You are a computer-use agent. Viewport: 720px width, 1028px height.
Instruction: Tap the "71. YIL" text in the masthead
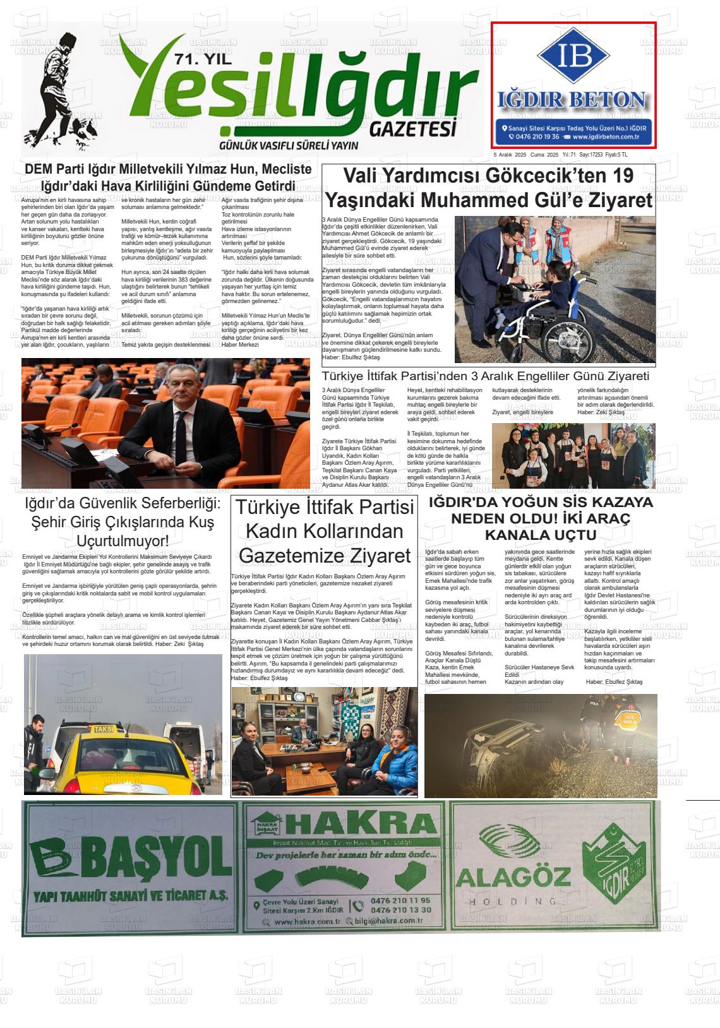[x=203, y=61]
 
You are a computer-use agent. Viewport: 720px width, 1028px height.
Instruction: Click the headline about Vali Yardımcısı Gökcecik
[x=488, y=188]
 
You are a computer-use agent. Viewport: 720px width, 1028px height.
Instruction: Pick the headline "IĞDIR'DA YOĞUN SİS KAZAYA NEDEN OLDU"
[x=540, y=518]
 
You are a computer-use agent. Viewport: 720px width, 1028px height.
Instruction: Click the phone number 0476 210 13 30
[x=401, y=910]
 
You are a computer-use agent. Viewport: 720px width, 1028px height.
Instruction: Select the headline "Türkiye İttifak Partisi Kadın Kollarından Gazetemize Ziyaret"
[x=325, y=531]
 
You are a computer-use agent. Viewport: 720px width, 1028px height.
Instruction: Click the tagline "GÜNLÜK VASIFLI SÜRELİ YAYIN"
[x=288, y=145]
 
